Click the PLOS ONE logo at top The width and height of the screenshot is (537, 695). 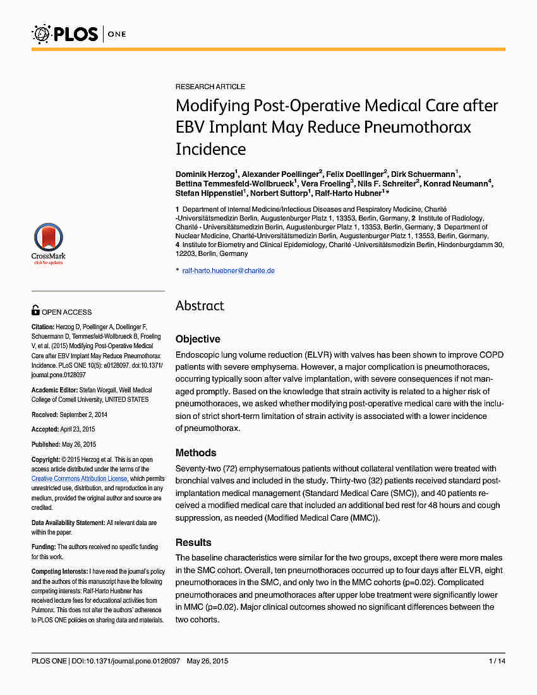point(80,33)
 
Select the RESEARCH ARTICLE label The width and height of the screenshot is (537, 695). point(210,87)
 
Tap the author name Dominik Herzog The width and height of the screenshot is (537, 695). point(205,173)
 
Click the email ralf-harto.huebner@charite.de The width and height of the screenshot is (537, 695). point(228,270)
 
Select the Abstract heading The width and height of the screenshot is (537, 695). point(200,306)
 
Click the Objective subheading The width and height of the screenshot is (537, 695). point(198,339)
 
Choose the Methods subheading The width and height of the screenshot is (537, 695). point(196,453)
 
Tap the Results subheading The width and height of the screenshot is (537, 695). point(193,543)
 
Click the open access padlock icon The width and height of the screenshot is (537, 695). point(35,310)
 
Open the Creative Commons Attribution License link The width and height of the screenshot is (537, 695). point(80,479)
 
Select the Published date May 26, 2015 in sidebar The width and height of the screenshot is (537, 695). point(78,445)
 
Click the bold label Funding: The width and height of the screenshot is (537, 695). point(44,547)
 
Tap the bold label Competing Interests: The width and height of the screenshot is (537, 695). point(60,571)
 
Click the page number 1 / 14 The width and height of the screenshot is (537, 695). point(497,662)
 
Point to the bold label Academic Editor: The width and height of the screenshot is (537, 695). point(55,390)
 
